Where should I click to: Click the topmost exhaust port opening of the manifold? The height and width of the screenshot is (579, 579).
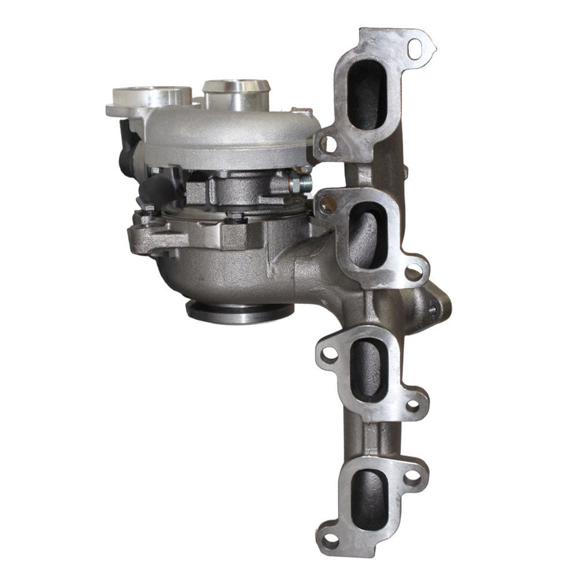click(x=367, y=95)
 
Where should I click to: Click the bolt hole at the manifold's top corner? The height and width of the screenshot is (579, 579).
click(x=415, y=48)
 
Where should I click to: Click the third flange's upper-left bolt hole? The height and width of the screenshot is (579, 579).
click(x=329, y=354)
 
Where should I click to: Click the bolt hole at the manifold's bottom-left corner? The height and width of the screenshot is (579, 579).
click(x=330, y=539)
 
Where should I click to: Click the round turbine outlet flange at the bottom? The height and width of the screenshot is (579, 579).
click(x=240, y=311)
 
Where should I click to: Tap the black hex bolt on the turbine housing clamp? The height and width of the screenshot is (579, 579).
click(x=236, y=215)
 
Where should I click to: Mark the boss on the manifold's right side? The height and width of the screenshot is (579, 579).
click(x=436, y=304)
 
